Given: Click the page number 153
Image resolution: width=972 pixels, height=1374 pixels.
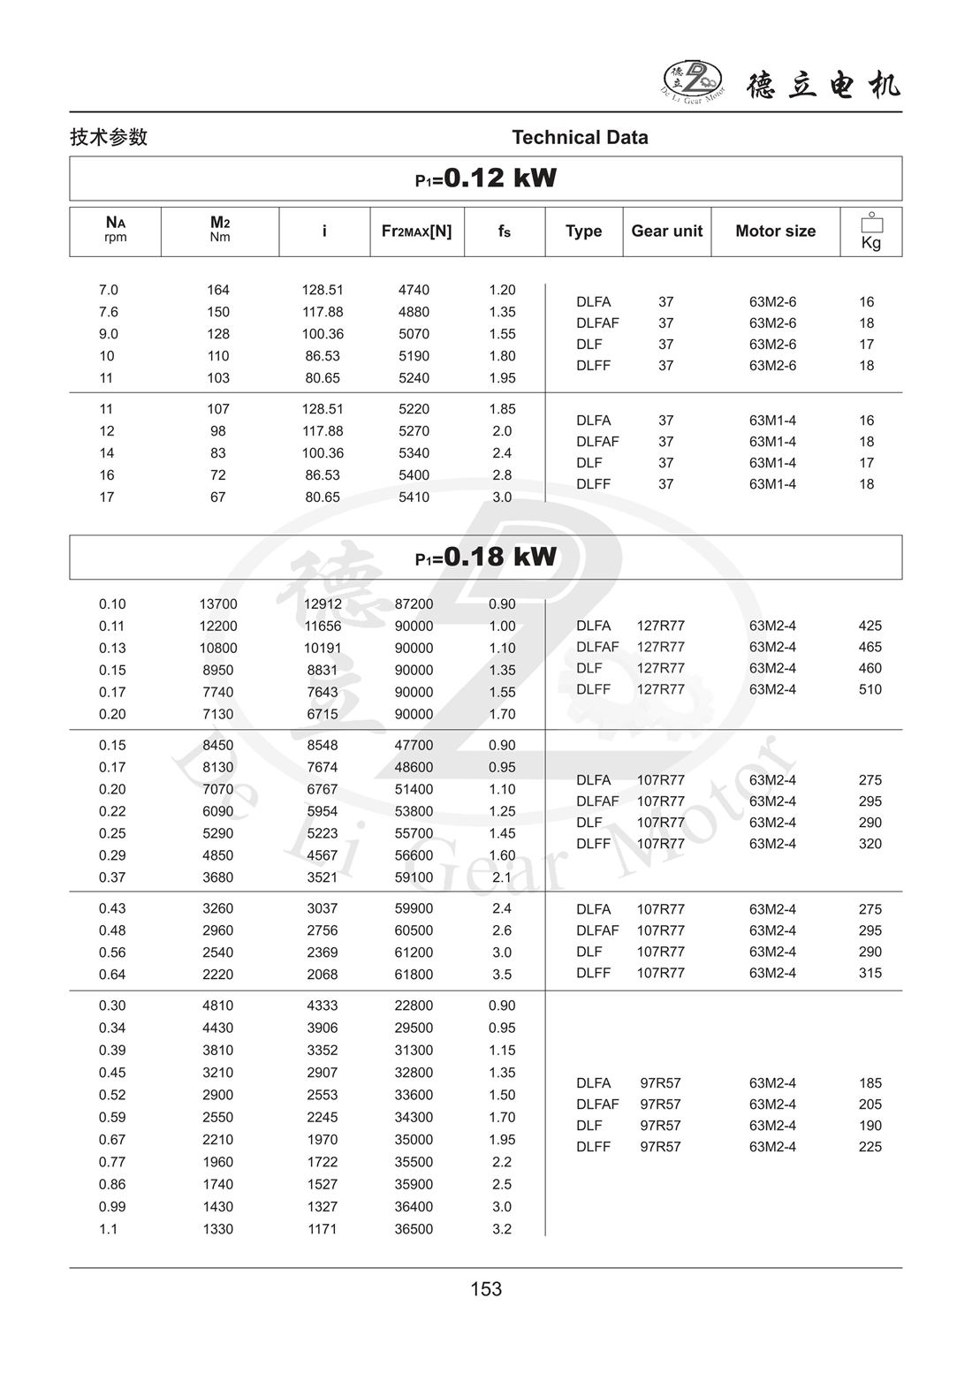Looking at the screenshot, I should [x=486, y=1289].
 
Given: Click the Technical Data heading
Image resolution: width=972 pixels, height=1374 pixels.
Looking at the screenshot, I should [x=580, y=138].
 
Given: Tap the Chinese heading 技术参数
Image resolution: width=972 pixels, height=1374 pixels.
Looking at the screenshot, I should [x=109, y=138].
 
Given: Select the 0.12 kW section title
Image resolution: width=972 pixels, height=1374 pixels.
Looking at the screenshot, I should [x=486, y=178].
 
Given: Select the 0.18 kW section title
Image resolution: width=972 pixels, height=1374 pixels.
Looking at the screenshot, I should [x=486, y=557].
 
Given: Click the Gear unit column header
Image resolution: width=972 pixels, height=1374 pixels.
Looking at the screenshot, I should [x=666, y=232].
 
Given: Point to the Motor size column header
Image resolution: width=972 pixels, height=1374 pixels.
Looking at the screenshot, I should [x=775, y=232].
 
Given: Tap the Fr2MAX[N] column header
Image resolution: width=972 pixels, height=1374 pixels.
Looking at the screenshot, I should [x=416, y=232].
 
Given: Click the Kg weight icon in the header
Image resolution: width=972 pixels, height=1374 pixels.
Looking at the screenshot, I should [x=870, y=232].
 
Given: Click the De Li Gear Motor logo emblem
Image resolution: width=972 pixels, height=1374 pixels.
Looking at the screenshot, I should [x=693, y=80].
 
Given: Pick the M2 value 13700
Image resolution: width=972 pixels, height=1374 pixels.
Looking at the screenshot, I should [x=218, y=604].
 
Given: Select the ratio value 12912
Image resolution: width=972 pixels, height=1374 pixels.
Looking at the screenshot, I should [x=323, y=604].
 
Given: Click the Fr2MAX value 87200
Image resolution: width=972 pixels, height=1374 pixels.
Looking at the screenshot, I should [x=414, y=604].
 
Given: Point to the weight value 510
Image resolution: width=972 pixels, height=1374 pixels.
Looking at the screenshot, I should [x=869, y=690].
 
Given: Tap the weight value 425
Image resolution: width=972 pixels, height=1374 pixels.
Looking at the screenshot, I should [x=869, y=626].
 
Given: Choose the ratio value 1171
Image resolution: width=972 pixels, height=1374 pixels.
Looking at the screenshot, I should [x=323, y=1229].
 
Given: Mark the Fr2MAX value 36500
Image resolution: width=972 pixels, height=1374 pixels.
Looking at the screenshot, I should [x=414, y=1229].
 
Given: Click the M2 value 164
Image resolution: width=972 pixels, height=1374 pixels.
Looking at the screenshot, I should [x=218, y=290].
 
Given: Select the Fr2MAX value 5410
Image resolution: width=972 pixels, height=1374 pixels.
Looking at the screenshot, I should [x=414, y=497].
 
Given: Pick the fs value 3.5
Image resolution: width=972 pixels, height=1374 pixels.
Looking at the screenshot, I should [x=502, y=975].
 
